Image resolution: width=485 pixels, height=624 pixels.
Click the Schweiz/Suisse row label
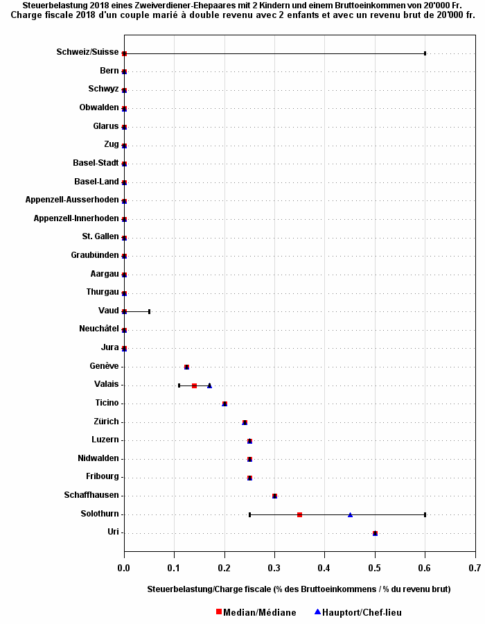87,52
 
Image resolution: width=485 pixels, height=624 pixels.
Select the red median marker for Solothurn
299,514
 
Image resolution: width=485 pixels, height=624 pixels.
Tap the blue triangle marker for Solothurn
350,514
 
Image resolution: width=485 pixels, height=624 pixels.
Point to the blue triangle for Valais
209,385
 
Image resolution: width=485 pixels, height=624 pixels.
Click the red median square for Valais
194,385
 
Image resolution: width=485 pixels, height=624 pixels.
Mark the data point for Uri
375,533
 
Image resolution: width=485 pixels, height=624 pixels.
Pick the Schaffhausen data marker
275,496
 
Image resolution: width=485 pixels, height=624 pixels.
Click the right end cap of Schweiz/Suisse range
425,53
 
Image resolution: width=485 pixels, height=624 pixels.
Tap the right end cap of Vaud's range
149,311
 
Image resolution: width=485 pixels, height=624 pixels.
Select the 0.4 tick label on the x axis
325,569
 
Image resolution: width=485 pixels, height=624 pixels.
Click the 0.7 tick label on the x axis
475,569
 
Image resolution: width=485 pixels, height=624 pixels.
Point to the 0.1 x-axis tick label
175,569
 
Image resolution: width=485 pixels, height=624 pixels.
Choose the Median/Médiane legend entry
256,612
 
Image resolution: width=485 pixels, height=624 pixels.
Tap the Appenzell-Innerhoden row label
76,218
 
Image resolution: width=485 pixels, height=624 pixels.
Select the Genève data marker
186,367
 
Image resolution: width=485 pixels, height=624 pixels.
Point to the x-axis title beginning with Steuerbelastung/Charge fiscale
299,589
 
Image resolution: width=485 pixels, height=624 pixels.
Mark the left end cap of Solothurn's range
249,514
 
